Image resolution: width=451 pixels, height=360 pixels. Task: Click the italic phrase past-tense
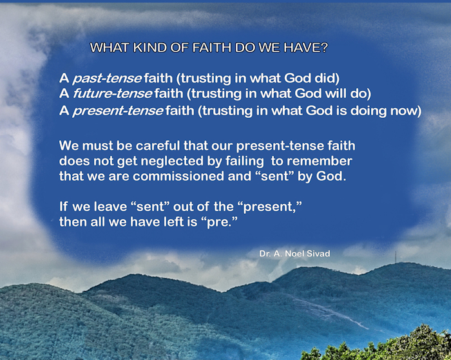point(107,79)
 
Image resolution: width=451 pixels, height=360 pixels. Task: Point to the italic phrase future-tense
point(113,94)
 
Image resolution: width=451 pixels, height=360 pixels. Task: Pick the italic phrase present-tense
point(118,111)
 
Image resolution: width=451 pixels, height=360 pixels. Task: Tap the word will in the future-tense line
point(336,93)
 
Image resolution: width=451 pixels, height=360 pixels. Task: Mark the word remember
point(320,161)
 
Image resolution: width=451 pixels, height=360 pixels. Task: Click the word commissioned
point(178,176)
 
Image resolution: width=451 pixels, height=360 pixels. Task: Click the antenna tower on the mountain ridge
point(396,257)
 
